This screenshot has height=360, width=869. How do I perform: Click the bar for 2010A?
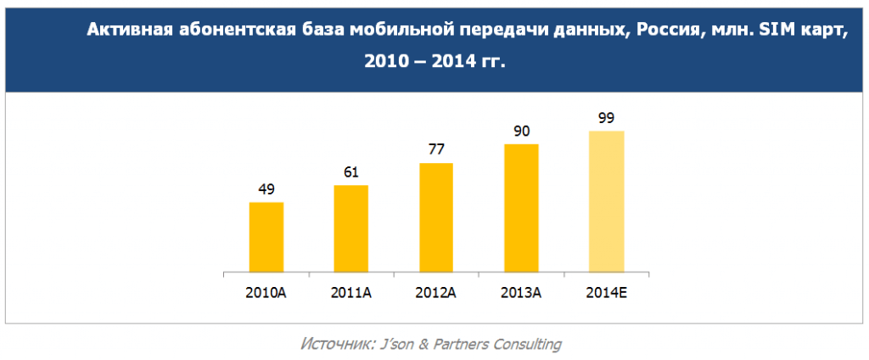coord(266,238)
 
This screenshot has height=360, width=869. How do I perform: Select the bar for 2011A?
coord(351,229)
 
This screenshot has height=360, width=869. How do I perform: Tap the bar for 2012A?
coord(436,218)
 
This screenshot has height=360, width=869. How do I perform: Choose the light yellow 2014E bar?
coord(606,202)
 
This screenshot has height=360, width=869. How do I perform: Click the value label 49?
coord(266,189)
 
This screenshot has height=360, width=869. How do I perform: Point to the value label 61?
coord(351,172)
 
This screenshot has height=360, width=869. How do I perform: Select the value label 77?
coord(436,150)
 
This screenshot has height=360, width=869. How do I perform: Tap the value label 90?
coord(521,132)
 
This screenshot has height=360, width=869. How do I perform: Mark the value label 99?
coord(606,118)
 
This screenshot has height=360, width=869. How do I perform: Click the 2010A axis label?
coord(266,294)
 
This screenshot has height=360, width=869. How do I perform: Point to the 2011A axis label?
coord(351,294)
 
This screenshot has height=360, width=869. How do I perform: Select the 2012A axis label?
coord(436,294)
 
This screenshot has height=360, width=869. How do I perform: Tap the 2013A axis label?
coord(521,294)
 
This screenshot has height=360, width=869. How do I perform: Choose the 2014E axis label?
coord(606,294)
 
